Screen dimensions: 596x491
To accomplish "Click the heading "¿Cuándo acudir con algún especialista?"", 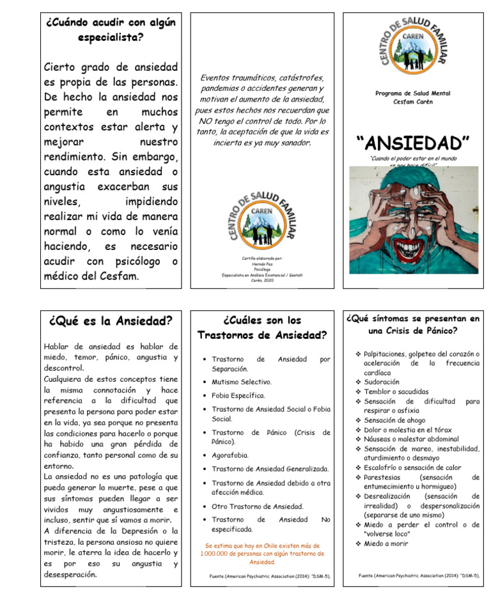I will click(x=110, y=29).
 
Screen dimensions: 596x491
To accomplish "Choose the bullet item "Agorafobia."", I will click(x=230, y=455).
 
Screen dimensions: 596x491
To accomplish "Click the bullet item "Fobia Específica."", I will click(x=238, y=396).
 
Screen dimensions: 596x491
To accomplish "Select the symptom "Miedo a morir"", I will click(x=386, y=544).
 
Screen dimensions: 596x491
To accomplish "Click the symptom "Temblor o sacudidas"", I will click(x=396, y=391).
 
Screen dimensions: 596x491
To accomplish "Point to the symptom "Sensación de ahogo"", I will click(x=394, y=420).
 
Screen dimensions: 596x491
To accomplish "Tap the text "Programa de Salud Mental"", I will click(x=412, y=93).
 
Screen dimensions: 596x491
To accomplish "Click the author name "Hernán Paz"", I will click(x=262, y=264).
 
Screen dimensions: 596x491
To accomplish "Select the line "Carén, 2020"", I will click(x=262, y=280).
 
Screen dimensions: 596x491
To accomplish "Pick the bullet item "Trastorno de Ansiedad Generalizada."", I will click(x=270, y=469).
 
